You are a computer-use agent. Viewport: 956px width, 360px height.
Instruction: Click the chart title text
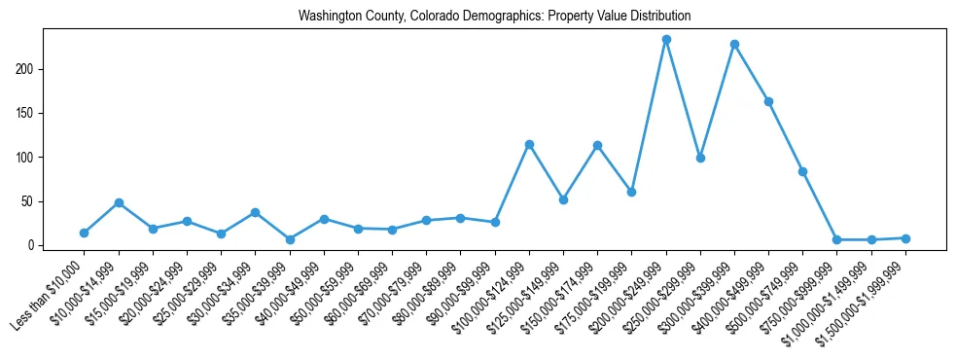[494, 17]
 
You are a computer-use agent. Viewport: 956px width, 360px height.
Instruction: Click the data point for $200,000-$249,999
[666, 40]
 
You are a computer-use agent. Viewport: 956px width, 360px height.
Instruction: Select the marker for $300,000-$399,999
[734, 45]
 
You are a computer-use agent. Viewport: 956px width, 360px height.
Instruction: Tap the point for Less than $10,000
[85, 233]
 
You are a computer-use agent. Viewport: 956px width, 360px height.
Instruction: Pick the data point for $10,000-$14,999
[119, 202]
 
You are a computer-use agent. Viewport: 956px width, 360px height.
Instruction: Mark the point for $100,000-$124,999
[529, 144]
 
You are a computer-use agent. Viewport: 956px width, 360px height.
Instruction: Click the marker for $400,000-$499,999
[768, 101]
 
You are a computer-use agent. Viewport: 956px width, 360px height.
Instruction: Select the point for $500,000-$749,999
[802, 171]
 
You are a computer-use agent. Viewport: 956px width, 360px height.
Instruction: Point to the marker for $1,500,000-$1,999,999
[905, 238]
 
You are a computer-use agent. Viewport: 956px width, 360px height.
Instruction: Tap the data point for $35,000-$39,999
[290, 239]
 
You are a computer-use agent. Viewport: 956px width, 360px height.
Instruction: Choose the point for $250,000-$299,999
[700, 158]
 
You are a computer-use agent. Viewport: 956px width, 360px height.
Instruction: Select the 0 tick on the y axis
[35, 245]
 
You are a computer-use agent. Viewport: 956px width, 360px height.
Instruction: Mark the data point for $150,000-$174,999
[597, 146]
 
